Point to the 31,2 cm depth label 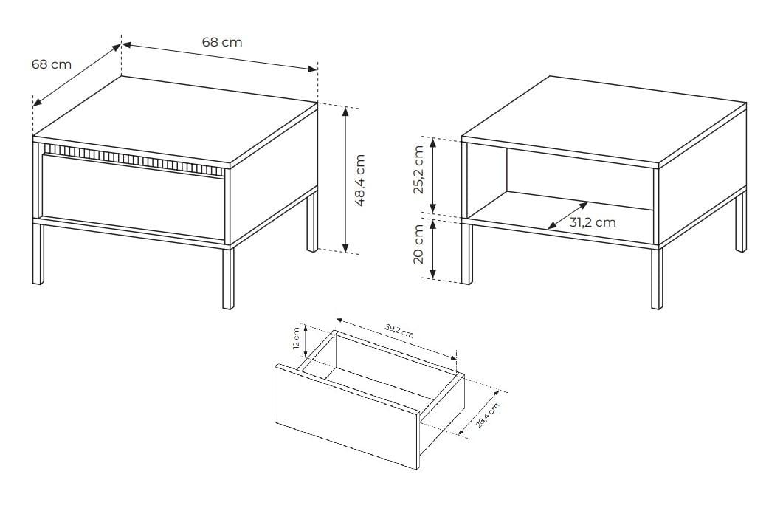pos(593,222)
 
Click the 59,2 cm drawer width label pos(399,331)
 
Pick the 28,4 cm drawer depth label pos(487,416)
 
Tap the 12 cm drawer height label pos(296,338)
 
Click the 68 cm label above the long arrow pos(222,42)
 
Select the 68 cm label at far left pos(52,64)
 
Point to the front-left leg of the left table pos(38,254)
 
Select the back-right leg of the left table pos(312,219)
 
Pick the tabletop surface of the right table pos(604,120)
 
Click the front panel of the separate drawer pos(346,416)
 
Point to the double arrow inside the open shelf pos(568,216)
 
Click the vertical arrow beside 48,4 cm pos(345,180)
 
